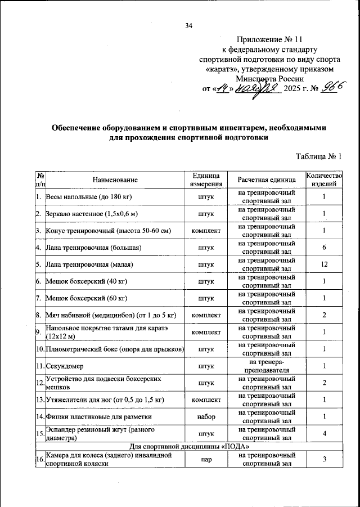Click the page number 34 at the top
[188, 25]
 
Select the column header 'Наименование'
[115, 180]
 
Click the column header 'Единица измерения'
[205, 180]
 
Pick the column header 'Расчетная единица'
[266, 180]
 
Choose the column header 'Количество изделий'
[324, 180]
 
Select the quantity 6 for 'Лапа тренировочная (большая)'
[324, 248]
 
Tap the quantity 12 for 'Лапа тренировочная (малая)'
[324, 264]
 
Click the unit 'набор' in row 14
[205, 416]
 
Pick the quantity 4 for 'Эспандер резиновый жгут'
[324, 433]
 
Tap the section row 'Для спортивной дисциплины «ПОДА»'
[187, 446]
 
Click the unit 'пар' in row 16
[205, 460]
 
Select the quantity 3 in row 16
[324, 460]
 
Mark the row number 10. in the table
[40, 349]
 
